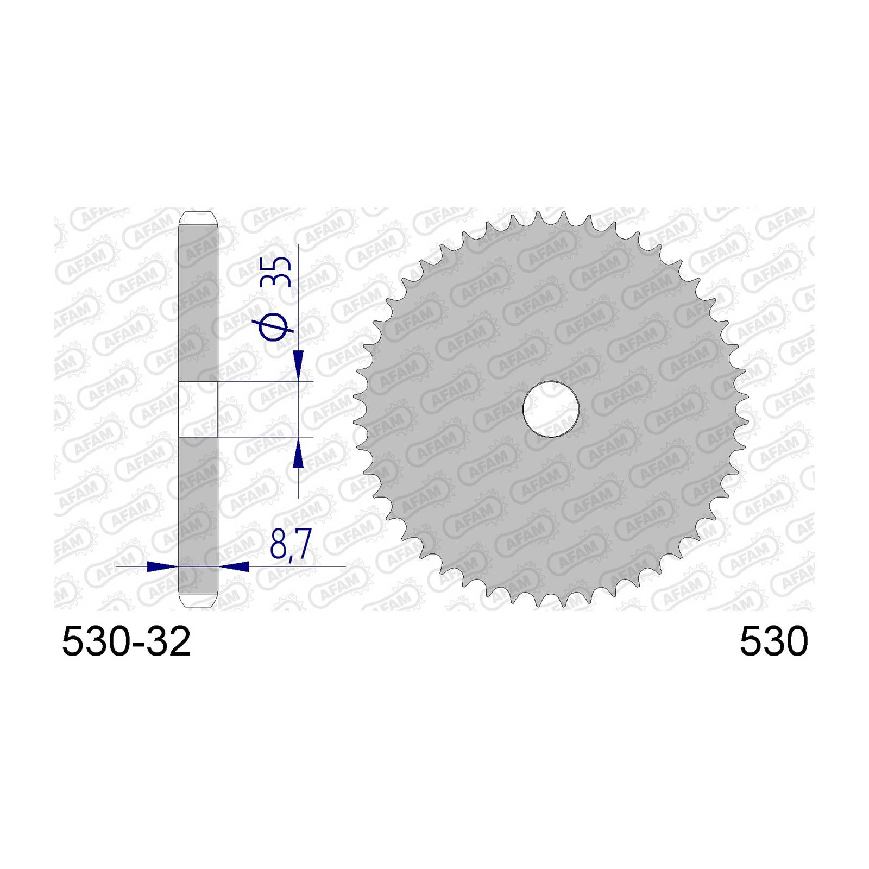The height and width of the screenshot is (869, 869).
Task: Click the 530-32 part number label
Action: [126, 641]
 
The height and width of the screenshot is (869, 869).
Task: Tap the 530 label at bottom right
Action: [773, 641]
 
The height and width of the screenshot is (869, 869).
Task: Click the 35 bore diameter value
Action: [276, 272]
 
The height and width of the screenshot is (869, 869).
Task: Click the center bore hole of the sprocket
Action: [551, 410]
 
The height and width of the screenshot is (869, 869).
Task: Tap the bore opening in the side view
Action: [198, 410]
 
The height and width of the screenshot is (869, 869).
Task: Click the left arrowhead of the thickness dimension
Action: [162, 566]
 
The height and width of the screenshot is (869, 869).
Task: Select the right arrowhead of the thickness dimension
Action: [234, 566]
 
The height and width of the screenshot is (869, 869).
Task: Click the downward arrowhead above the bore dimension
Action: [298, 366]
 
